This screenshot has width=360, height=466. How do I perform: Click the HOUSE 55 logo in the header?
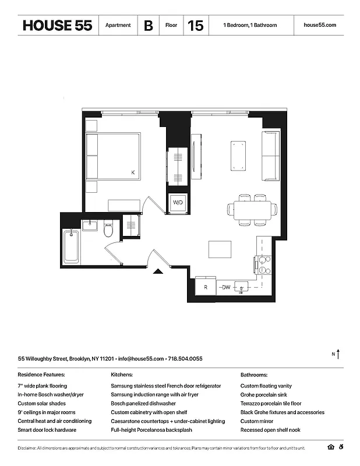(57, 26)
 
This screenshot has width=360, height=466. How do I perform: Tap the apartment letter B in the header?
(149, 26)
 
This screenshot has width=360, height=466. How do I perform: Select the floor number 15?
(196, 26)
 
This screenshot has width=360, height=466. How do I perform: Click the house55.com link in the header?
(320, 26)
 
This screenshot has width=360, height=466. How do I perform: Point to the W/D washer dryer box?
(177, 203)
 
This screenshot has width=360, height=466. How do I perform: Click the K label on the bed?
(133, 172)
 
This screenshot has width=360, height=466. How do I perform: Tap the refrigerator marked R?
(206, 287)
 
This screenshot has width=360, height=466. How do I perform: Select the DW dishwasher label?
(225, 287)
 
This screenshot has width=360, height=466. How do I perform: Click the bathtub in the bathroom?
(70, 247)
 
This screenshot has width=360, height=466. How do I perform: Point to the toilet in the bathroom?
(108, 231)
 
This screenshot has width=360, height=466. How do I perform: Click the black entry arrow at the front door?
(157, 270)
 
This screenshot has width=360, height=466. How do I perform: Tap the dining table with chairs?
(252, 210)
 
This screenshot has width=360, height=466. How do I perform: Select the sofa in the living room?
(270, 156)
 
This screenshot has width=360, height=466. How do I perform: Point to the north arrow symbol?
(338, 354)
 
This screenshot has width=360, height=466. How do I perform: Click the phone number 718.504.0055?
(185, 359)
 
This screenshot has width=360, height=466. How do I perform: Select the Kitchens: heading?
(122, 375)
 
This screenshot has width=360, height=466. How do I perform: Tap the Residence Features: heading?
(41, 375)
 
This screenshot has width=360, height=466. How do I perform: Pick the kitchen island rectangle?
(220, 249)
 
